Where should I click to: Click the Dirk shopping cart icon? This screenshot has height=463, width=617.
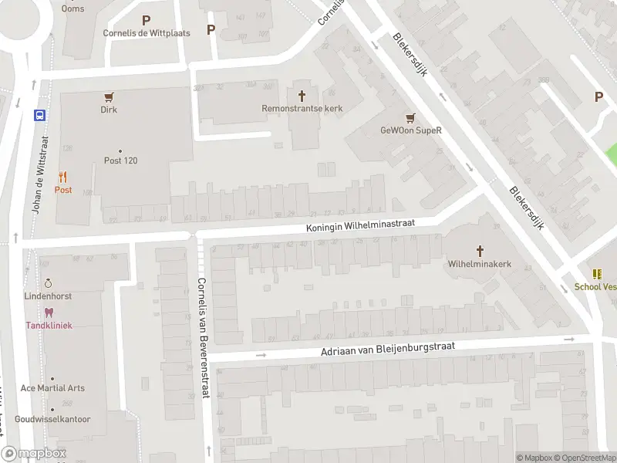click(109, 97)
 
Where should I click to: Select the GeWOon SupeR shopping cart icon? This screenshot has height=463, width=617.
click(410, 118)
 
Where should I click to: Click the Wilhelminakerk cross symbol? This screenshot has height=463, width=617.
click(480, 251)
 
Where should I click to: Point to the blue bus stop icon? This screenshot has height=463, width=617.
click(39, 116)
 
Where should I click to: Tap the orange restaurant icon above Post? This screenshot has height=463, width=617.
click(62, 177)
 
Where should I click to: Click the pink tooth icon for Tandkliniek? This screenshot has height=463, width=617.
click(49, 313)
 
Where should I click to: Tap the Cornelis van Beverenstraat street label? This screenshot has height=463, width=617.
click(202, 338)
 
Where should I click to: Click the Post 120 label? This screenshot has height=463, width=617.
click(120, 161)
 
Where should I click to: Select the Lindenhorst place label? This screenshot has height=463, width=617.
click(48, 296)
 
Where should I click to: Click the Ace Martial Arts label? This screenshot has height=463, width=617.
click(52, 388)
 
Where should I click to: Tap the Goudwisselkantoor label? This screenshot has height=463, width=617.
click(52, 419)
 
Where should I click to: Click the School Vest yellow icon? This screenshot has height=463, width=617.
click(596, 274)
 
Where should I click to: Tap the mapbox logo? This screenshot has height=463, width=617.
click(34, 454)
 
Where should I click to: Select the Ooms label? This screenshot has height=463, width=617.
click(73, 8)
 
